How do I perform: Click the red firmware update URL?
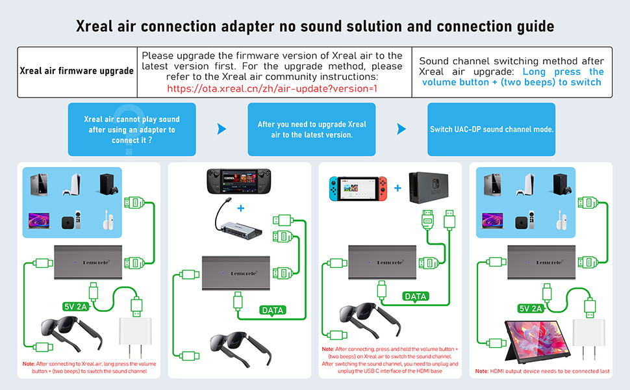pyautogui.click(x=272, y=88)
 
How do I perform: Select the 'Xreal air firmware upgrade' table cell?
pyautogui.click(x=77, y=71)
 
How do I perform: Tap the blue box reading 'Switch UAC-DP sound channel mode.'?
pyautogui.click(x=492, y=129)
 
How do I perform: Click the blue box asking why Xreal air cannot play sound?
pyautogui.click(x=132, y=129)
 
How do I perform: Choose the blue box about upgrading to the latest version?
pyautogui.click(x=312, y=129)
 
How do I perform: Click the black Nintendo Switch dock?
pyautogui.click(x=431, y=188)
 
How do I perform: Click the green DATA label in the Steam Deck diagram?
pyautogui.click(x=272, y=310)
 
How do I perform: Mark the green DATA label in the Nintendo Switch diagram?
pyautogui.click(x=415, y=296)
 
